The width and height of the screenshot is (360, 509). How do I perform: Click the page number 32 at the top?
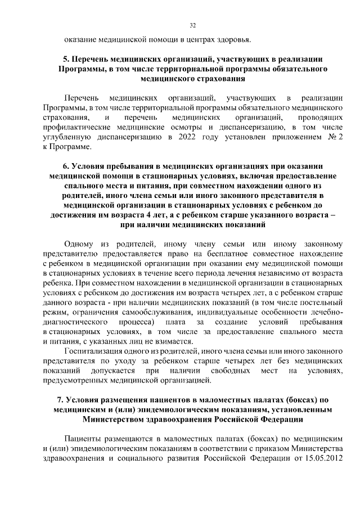tap(193, 25)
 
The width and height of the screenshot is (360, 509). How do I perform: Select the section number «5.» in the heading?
tap(65, 58)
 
